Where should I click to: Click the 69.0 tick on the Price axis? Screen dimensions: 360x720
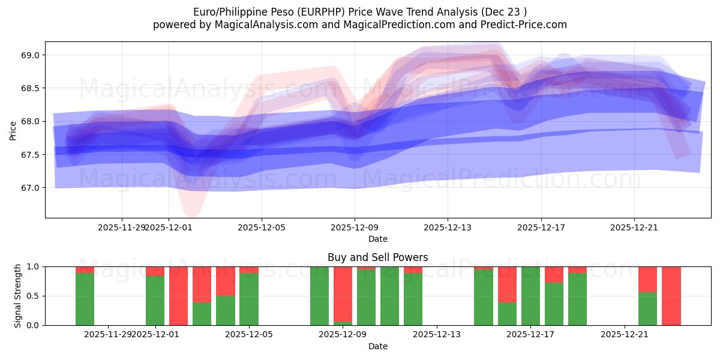click(x=30, y=55)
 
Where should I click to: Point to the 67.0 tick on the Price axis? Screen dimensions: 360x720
click(x=30, y=188)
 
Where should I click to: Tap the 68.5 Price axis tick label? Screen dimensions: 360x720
click(x=30, y=88)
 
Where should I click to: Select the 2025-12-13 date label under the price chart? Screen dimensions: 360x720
click(x=448, y=228)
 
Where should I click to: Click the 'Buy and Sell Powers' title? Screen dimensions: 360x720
click(x=377, y=257)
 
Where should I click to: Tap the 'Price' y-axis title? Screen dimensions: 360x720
click(x=13, y=130)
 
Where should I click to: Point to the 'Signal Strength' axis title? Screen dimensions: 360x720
click(x=18, y=296)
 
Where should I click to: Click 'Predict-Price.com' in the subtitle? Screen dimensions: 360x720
click(x=526, y=25)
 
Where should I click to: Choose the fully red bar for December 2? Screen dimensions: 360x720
click(x=178, y=296)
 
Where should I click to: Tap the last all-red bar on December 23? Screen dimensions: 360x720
click(x=671, y=296)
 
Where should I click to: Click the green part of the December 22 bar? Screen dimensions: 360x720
click(x=648, y=309)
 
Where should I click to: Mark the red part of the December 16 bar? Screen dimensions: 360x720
click(x=507, y=284)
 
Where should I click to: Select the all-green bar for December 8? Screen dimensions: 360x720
click(x=319, y=296)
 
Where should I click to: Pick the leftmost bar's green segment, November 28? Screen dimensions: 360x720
click(x=85, y=299)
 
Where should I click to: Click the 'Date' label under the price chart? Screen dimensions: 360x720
click(x=377, y=239)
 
